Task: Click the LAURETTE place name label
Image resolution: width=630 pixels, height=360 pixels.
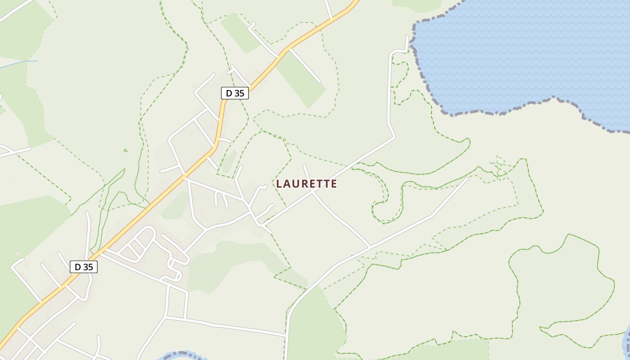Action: click(306, 184)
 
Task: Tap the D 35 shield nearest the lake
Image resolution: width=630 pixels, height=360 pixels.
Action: click(235, 93)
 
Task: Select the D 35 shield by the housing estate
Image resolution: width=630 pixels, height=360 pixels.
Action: click(84, 267)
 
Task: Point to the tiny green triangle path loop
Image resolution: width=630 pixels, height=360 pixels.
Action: click(125, 150)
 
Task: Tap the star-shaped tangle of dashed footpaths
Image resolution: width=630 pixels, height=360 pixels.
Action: click(499, 166)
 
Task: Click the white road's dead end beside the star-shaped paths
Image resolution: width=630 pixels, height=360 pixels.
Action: click(467, 178)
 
